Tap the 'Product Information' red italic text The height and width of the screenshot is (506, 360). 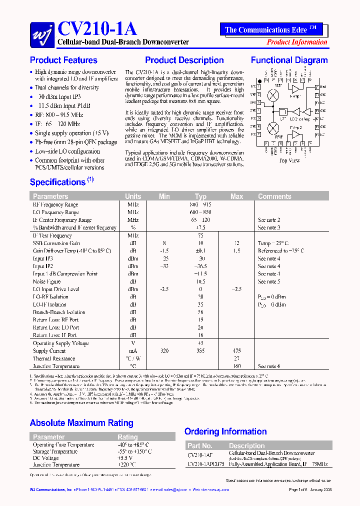[296, 42]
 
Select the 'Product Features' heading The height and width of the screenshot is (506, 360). [63, 60]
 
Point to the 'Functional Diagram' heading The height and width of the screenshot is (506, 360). [289, 60]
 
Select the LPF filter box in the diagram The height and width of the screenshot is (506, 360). [283, 112]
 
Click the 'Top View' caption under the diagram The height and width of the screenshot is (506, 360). [289, 160]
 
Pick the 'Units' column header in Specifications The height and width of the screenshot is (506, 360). [133, 196]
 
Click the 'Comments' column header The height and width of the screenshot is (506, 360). [274, 196]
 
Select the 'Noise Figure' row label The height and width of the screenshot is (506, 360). [47, 281]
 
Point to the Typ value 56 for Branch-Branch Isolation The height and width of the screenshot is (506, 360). [200, 312]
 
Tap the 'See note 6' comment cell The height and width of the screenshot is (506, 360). [269, 366]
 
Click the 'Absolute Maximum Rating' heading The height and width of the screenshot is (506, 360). [81, 423]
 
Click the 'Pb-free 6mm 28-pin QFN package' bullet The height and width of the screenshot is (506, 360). [75, 142]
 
